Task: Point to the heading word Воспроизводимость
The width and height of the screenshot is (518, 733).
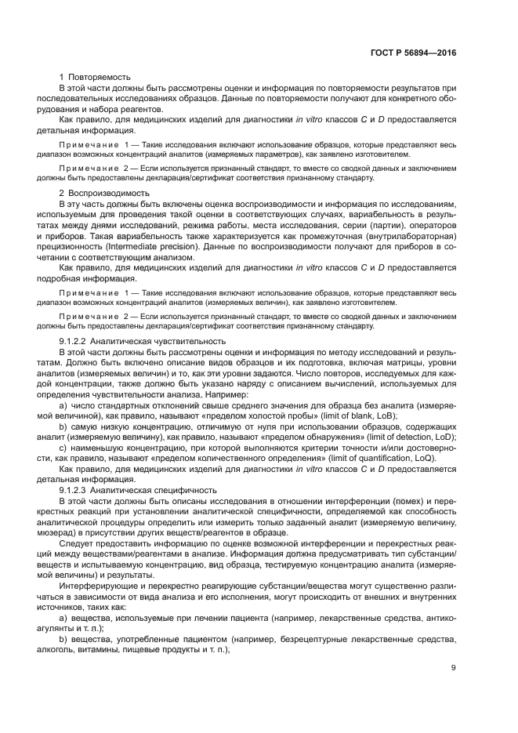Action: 103,193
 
